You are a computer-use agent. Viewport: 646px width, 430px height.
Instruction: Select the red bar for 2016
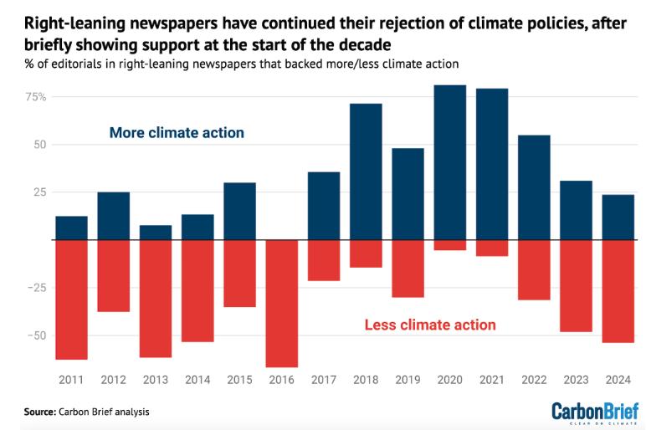(x=282, y=303)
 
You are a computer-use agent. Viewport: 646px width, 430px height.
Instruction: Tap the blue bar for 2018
(x=366, y=171)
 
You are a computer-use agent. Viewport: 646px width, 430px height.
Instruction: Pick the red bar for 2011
(x=72, y=299)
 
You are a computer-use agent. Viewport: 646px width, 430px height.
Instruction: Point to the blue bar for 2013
(x=156, y=233)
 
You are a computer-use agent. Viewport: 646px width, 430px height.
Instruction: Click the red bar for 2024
(x=618, y=291)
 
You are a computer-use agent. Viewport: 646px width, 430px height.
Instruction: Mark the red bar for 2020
(x=449, y=245)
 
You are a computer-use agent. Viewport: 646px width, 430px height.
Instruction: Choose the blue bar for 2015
(x=240, y=211)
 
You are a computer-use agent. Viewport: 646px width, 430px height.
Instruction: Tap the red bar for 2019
(x=408, y=269)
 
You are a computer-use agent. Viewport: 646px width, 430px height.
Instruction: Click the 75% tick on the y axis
(x=34, y=97)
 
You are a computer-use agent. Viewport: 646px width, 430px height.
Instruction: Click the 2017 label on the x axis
(x=324, y=381)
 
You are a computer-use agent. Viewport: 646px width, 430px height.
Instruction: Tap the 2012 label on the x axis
(x=114, y=381)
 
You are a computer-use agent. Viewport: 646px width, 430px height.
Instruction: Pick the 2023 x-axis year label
(x=576, y=381)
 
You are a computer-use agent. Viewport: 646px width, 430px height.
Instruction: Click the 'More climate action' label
(x=177, y=133)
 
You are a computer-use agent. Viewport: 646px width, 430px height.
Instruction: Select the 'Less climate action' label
(x=430, y=325)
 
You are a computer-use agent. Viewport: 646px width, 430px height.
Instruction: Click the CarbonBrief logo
(x=594, y=411)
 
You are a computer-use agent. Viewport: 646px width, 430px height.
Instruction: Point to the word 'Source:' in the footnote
(x=39, y=412)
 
